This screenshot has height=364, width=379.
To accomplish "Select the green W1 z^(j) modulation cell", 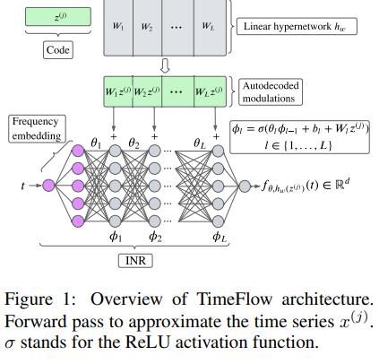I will click(117, 91).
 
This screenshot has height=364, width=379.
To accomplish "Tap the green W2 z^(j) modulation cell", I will click(149, 91).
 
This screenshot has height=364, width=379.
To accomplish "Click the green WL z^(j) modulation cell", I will click(216, 91).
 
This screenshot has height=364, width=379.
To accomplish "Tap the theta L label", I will click(202, 142).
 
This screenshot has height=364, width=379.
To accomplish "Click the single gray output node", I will click(245, 186).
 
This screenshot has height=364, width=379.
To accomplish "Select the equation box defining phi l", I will click(304, 138).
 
